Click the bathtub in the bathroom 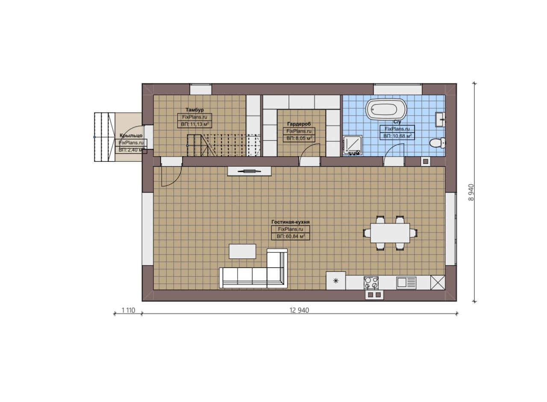[x=385, y=109]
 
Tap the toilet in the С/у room [x=437, y=143]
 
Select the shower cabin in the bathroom [x=353, y=145]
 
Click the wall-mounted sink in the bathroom [x=440, y=119]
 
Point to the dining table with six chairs [x=390, y=233]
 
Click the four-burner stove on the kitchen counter [x=371, y=283]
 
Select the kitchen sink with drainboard [x=406, y=283]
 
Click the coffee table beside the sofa [x=242, y=251]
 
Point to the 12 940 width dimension [x=299, y=310]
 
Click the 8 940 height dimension [x=471, y=192]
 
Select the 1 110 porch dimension [x=128, y=310]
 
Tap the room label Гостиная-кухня [x=290, y=222]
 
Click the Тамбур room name [x=194, y=110]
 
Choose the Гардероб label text [x=299, y=124]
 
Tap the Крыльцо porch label [x=131, y=136]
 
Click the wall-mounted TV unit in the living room [x=249, y=171]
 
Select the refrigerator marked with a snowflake [x=336, y=281]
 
